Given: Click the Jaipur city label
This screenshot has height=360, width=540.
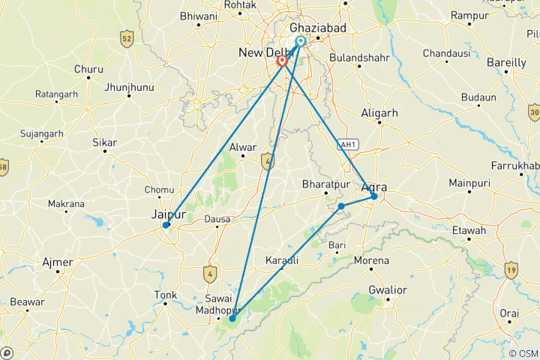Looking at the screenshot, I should tap(168, 214).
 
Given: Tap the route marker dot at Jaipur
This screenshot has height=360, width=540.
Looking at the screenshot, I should tap(166, 224).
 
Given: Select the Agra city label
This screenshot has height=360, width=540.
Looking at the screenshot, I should tap(374, 187).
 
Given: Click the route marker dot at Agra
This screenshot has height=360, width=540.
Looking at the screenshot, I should tap(373, 196).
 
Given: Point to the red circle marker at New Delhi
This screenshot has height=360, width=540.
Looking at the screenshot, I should tap(282, 61).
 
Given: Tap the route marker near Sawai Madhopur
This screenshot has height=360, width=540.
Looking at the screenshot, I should tap(232, 319).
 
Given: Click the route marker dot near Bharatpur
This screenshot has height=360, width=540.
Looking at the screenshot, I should tap(341, 205).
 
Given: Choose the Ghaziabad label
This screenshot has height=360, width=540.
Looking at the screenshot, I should tap(317, 27).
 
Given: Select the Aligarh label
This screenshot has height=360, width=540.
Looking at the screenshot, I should tap(379, 112).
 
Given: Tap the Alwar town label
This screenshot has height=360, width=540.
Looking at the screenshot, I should tap(244, 148).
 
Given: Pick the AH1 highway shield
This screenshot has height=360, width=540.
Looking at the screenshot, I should tap(346, 145).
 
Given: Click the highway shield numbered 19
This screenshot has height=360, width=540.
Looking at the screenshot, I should tap(511, 268).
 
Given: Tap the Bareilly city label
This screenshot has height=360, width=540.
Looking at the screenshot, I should tap(507, 63).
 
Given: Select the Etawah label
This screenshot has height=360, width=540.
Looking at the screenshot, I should tap(475, 230).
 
